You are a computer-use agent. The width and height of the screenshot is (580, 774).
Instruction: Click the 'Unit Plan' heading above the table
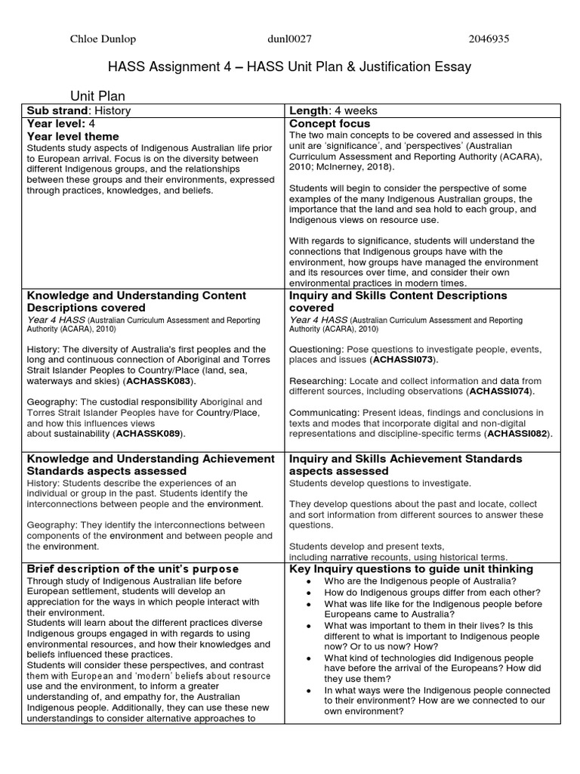[x=97, y=96]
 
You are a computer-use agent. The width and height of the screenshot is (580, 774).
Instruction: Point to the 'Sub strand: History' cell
[x=79, y=110]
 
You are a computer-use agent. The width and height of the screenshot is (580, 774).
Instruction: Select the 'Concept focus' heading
[x=329, y=123]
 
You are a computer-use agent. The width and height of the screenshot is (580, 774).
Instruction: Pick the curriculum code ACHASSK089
[x=149, y=435]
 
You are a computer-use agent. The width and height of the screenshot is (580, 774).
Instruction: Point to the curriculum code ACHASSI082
[x=518, y=434]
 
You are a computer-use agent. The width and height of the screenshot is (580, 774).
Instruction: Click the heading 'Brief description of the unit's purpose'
[x=132, y=568]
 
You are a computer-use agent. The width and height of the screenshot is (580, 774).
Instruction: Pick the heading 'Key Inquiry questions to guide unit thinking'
[x=411, y=568]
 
